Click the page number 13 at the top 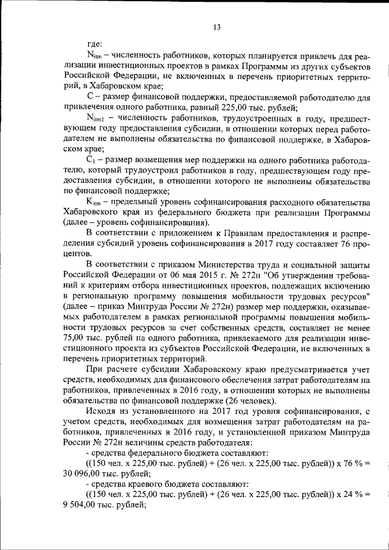(x=216, y=27)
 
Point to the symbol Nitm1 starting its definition (x=97, y=117)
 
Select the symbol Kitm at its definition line (x=97, y=201)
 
